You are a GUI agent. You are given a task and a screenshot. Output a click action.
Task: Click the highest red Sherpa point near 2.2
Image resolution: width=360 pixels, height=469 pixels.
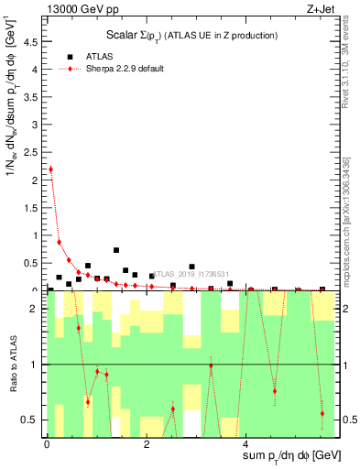tap(50, 169)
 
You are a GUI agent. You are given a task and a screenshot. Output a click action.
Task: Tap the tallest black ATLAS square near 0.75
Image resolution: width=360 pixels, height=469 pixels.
tap(116, 250)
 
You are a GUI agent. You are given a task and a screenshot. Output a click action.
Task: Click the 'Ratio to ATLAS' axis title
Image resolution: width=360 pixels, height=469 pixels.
tap(11, 365)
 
